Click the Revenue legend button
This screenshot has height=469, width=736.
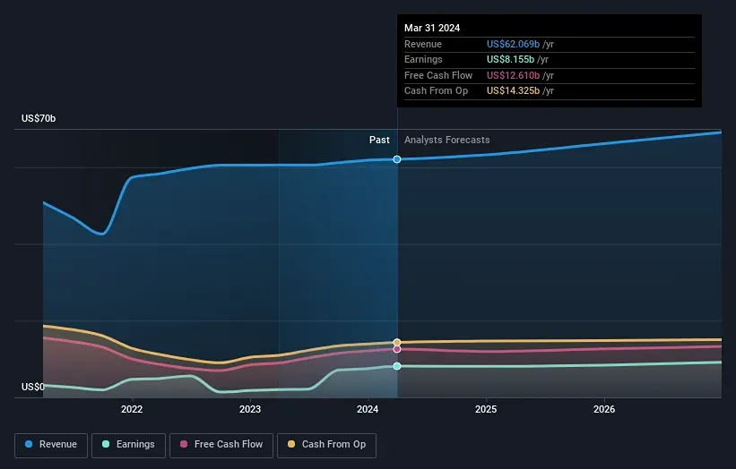click(51, 445)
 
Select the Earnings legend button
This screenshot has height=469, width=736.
click(129, 445)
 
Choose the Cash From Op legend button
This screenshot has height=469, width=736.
click(326, 445)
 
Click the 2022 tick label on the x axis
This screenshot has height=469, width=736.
click(132, 410)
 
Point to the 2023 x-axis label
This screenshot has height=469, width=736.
click(250, 410)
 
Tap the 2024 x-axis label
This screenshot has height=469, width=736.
click(368, 410)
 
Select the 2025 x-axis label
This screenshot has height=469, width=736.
click(486, 410)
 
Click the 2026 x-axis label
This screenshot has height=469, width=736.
click(604, 410)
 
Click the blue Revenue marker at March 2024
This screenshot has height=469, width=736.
click(397, 159)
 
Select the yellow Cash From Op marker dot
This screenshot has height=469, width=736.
click(397, 343)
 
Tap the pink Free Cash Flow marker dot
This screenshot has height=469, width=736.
click(397, 349)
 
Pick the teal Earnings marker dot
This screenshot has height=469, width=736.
click(397, 366)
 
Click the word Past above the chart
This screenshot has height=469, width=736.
click(379, 141)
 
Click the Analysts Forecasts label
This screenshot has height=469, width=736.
click(446, 141)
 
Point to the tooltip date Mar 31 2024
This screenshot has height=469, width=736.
click(432, 28)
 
